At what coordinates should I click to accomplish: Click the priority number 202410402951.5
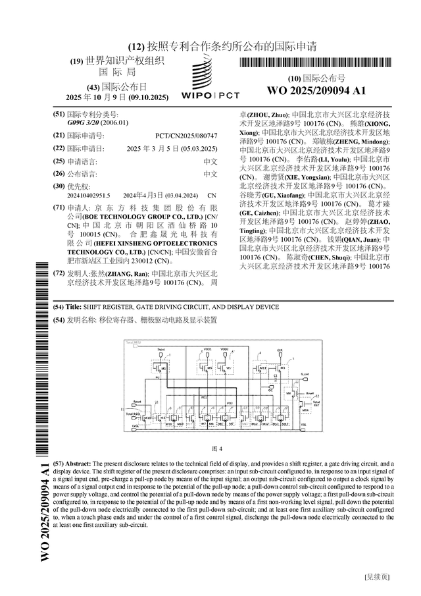[x=89, y=196]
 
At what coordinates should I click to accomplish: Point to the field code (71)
[x=58, y=207]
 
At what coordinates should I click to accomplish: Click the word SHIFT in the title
[x=95, y=307]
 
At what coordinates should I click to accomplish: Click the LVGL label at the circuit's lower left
[x=136, y=427]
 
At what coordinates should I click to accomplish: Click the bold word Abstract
[x=80, y=464]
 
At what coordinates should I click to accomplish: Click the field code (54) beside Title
[x=58, y=307]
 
